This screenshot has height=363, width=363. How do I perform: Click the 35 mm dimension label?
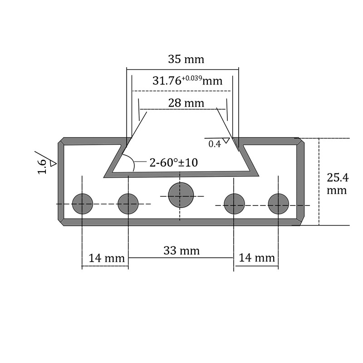click(186, 59)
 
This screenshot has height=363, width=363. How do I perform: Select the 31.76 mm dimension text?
click(187, 81)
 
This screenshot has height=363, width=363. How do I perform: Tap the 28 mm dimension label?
click(186, 103)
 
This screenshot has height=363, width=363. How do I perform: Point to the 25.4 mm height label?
click(337, 184)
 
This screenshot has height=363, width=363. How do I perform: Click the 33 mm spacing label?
click(181, 251)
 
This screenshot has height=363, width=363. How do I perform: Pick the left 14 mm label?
click(107, 258)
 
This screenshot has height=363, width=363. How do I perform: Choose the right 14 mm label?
click(256, 258)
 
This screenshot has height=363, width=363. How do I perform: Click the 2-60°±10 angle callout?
click(174, 162)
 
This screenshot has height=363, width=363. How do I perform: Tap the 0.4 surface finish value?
click(215, 144)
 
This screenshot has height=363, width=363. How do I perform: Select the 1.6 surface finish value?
click(42, 167)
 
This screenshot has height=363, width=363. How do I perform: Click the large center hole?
click(181, 195)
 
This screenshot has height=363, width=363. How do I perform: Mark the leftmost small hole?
click(83, 204)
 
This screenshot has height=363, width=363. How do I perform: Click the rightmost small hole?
click(279, 204)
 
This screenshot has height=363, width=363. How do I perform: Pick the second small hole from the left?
click(128, 204)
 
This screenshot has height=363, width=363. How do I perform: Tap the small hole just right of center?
click(234, 204)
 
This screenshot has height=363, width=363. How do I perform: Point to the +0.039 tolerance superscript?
click(192, 78)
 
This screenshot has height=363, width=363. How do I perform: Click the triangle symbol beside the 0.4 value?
click(226, 140)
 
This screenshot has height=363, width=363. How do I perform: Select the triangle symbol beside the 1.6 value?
click(53, 163)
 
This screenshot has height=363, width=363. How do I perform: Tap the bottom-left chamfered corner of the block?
click(61, 222)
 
